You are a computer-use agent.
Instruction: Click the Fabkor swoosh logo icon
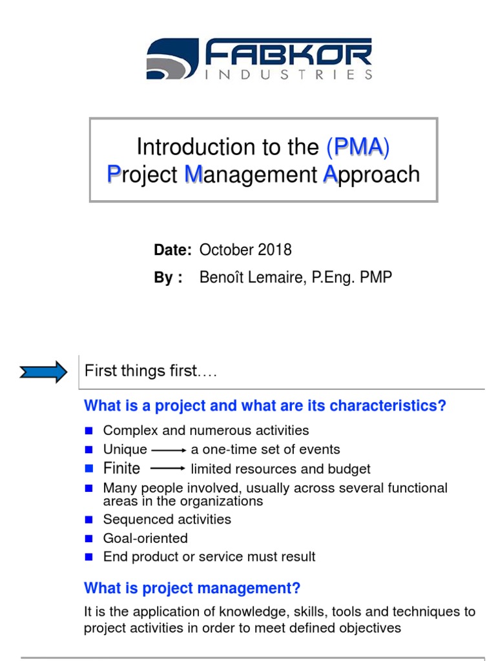171,59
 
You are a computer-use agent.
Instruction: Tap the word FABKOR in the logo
288,52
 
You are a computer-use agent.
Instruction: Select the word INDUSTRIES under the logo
288,74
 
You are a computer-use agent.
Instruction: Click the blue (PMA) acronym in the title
358,147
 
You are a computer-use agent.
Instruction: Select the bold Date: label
172,250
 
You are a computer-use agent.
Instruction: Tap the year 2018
275,250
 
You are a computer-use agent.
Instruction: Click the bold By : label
168,278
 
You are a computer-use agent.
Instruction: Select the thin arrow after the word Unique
169,450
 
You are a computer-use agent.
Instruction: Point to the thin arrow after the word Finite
169,468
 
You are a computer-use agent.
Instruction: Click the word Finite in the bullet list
121,468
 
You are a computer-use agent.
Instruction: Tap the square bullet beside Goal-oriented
89,538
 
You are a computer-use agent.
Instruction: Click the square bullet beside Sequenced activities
89,520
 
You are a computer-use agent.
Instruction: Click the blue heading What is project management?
192,589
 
